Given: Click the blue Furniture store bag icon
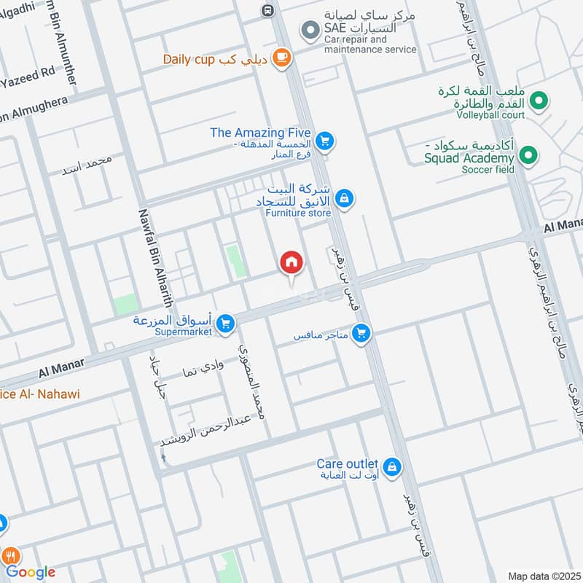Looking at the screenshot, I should pyautogui.click(x=345, y=197).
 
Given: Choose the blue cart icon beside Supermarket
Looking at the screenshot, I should pyautogui.click(x=226, y=321).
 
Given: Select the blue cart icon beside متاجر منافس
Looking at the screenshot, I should pyautogui.click(x=360, y=334).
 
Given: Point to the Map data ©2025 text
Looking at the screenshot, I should pyautogui.click(x=543, y=576).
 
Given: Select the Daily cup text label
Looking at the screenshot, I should pyautogui.click(x=188, y=59).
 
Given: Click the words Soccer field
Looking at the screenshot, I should pyautogui.click(x=488, y=170).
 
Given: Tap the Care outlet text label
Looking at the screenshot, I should pyautogui.click(x=347, y=464).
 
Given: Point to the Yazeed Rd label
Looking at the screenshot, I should pyautogui.click(x=29, y=73).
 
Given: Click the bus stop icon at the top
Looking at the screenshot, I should pyautogui.click(x=268, y=10).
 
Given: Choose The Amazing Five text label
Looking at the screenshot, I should pyautogui.click(x=260, y=133).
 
